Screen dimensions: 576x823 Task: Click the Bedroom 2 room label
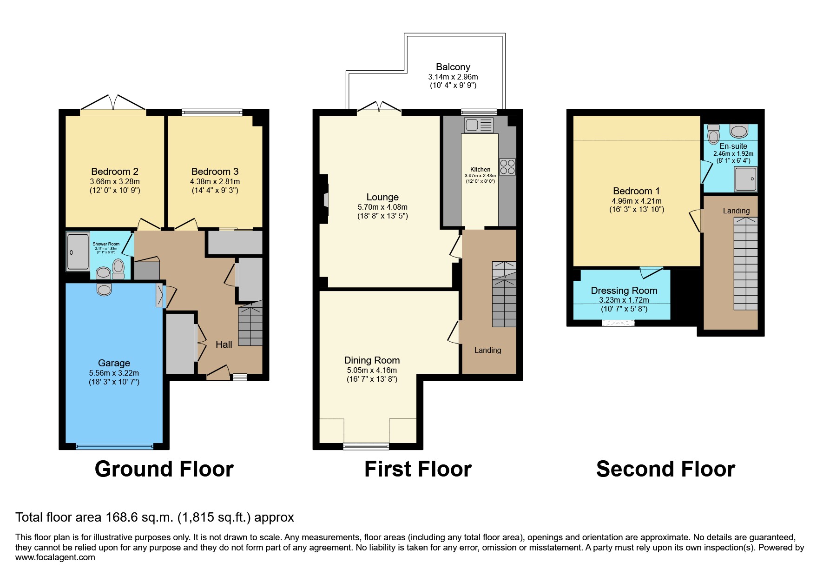tap(114, 172)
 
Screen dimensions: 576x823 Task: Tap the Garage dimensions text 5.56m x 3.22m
tap(114, 373)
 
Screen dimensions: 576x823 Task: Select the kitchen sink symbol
tap(478, 125)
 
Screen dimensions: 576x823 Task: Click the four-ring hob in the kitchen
tap(507, 167)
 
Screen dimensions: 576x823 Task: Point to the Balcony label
tap(453, 67)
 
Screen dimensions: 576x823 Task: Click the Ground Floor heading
tap(164, 469)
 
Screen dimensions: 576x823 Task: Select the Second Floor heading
tap(665, 469)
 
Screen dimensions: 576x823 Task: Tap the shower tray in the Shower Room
tap(78, 252)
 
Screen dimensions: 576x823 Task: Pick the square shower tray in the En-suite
tap(745, 179)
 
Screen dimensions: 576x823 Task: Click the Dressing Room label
tap(624, 291)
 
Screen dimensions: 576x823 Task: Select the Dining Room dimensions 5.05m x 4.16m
tap(372, 370)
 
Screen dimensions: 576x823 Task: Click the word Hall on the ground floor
tap(224, 344)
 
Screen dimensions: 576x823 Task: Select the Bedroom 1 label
tap(636, 191)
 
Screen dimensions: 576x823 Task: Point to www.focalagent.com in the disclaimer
tap(55, 557)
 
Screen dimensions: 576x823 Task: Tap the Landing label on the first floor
tap(487, 350)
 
